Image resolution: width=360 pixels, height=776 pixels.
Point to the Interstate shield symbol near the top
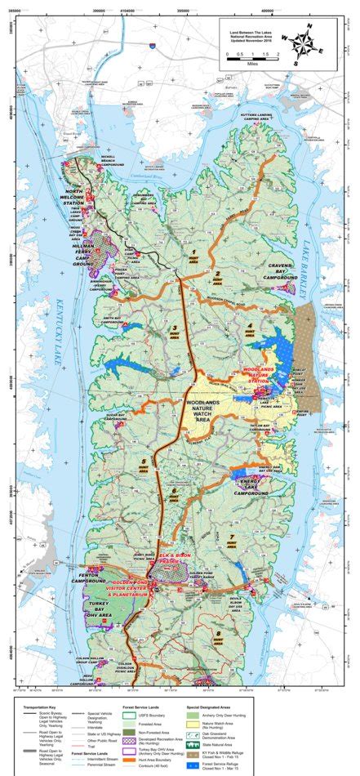click(x=150, y=49)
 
